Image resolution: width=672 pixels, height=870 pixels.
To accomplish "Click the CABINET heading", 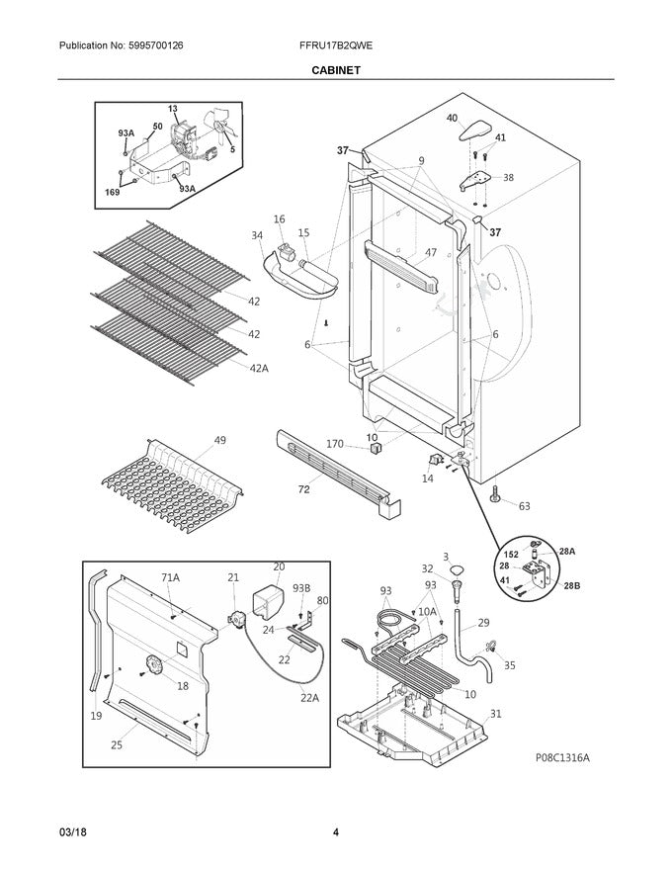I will coord(336,70).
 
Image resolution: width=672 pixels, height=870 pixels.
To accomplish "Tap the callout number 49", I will coord(219,440).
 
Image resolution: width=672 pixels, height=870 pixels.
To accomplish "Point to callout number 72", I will coord(303,489).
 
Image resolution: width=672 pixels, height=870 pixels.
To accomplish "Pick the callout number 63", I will coord(524,506).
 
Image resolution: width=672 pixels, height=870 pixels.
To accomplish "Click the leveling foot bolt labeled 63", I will coord(492,491).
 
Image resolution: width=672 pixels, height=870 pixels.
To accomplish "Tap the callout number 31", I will coord(495,713).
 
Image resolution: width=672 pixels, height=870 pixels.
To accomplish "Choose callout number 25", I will coord(116,744).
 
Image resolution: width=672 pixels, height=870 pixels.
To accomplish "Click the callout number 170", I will coord(335,444).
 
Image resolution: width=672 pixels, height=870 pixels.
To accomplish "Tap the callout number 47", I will coord(430,253).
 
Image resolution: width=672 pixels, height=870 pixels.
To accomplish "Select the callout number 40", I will coord(453,118).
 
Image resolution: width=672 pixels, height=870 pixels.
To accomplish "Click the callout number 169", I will coord(112,192).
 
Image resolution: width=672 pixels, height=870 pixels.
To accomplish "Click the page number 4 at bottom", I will coord(336,832).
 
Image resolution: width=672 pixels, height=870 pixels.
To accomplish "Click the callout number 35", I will coord(509,665).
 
